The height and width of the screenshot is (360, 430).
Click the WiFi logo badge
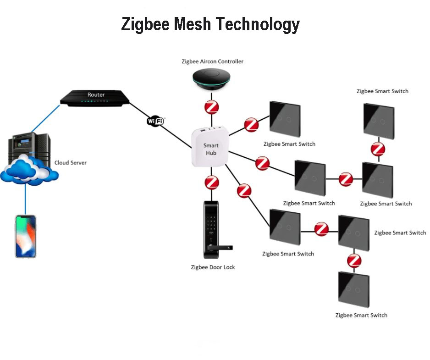point(155,121)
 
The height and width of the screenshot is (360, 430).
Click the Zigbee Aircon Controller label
point(211,61)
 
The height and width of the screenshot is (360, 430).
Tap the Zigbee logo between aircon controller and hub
point(211,108)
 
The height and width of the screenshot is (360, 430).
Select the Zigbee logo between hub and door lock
point(212,183)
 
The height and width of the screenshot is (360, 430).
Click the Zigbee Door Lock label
point(213,267)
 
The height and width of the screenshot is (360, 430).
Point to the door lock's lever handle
point(219,247)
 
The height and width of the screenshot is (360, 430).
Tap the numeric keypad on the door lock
point(211,225)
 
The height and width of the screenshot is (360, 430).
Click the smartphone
point(26,236)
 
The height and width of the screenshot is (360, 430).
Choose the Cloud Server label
point(70,162)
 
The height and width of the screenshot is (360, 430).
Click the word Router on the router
point(96,94)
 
